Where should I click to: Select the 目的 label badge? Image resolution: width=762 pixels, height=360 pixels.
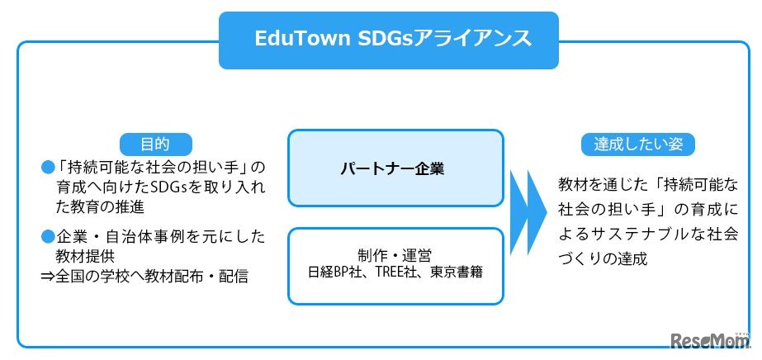coord(156,143)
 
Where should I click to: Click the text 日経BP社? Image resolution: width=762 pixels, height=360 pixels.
coord(333,271)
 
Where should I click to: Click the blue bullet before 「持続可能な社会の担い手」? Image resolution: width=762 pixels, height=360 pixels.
coord(47,166)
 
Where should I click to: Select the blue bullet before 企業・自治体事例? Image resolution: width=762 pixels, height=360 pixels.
coord(47,236)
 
